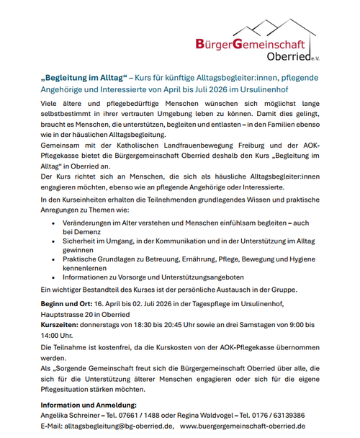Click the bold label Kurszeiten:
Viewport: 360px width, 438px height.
[x=60, y=325]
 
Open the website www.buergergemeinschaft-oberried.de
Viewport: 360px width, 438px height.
[x=243, y=426]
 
